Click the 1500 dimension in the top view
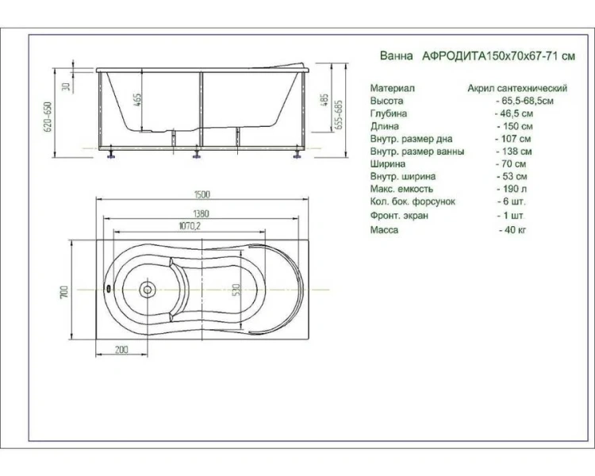pyautogui.click(x=202, y=194)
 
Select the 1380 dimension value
pyautogui.click(x=201, y=213)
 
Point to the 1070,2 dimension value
pyautogui.click(x=190, y=226)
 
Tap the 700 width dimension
pyautogui.click(x=64, y=291)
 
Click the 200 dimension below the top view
pyautogui.click(x=121, y=350)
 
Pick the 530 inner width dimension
pyautogui.click(x=236, y=290)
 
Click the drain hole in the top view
pyautogui.click(x=148, y=290)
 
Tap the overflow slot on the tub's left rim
pyautogui.click(x=109, y=290)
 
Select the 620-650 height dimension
pyautogui.click(x=48, y=117)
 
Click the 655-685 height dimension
pyautogui.click(x=339, y=114)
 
